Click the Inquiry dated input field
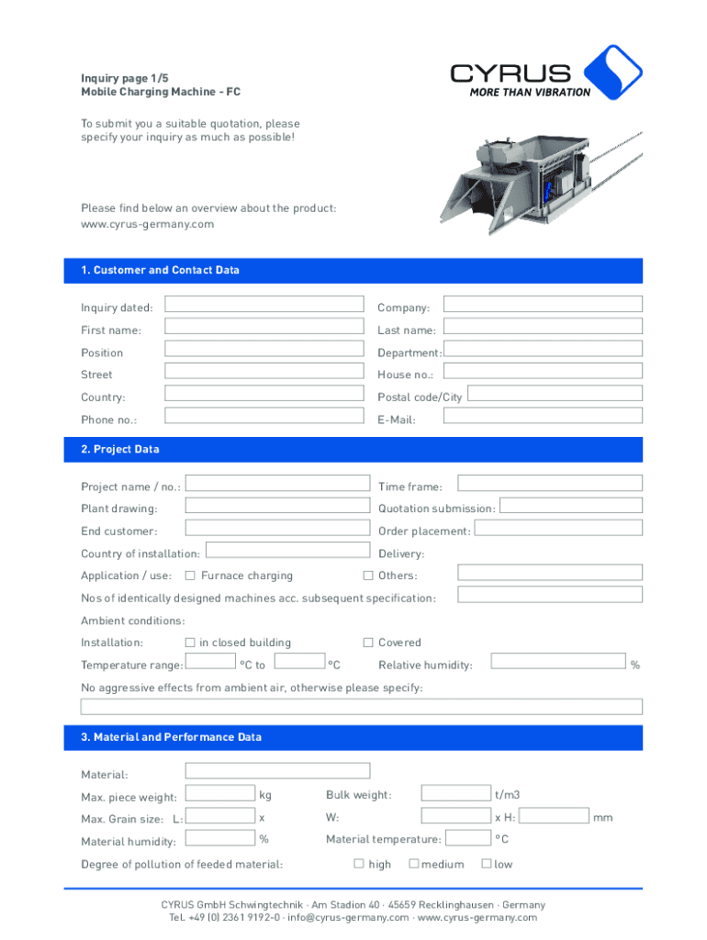264,304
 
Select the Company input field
543,304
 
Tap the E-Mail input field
543,417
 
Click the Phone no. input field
264,417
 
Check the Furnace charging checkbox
190,576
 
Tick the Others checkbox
368,576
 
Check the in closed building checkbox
190,643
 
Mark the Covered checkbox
368,643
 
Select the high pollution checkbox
359,863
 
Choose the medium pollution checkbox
413,863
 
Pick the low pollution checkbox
487,863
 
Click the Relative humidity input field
558,661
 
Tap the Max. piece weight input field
220,793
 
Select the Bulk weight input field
455,793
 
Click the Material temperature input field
468,837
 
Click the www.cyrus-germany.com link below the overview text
147,224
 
